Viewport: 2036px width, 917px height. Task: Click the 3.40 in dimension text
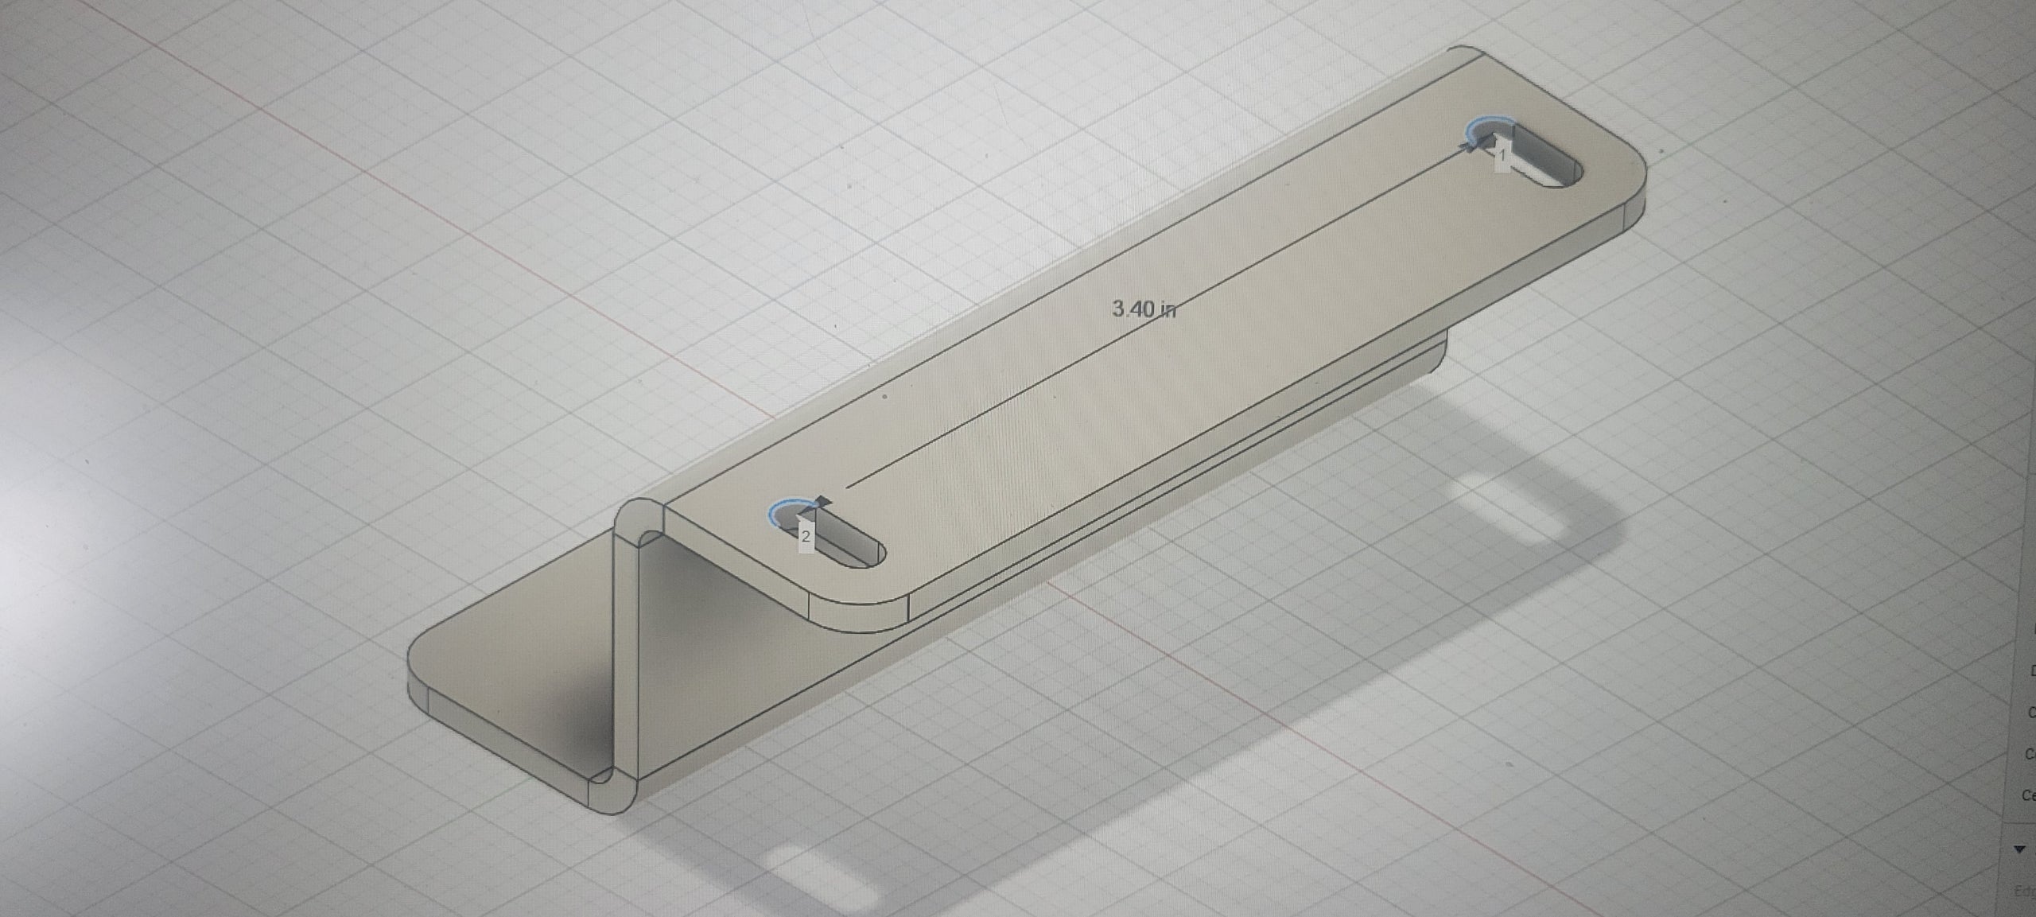pos(1144,309)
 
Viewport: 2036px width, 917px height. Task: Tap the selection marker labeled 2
pos(805,536)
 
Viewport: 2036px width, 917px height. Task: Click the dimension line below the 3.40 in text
pos(994,406)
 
